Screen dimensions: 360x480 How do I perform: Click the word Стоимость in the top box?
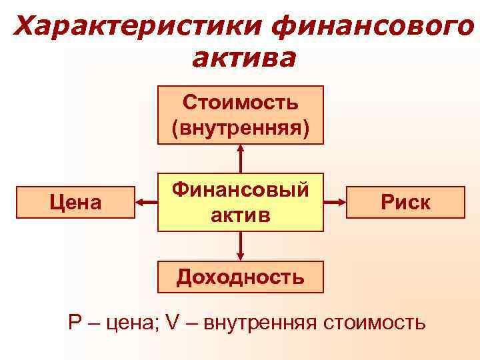coord(241,103)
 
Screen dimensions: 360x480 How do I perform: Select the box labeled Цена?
coord(75,203)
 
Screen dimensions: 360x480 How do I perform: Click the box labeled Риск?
coord(405,203)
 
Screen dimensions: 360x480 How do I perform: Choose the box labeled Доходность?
coord(241,277)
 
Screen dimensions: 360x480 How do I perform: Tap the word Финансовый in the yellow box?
coord(241,191)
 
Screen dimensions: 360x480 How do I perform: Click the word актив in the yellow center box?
coord(241,215)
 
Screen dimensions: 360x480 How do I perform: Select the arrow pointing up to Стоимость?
coord(241,159)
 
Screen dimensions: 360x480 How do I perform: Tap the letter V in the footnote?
coord(173,323)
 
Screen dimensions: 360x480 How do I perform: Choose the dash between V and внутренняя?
coord(191,324)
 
